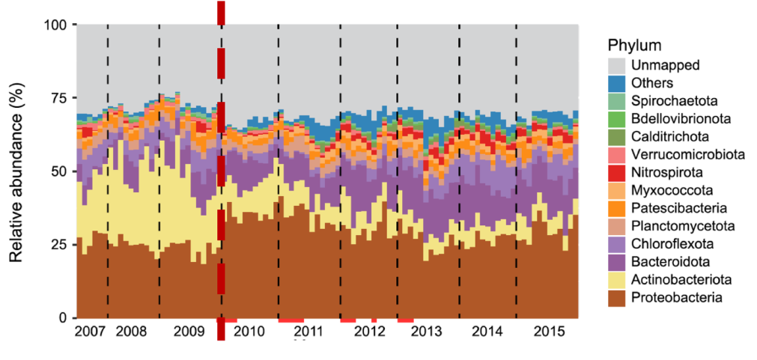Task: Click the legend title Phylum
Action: pos(634,44)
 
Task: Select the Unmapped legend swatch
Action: pos(617,65)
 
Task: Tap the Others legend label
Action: pos(652,83)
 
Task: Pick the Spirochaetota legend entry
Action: pos(674,101)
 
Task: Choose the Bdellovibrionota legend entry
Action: pos(680,119)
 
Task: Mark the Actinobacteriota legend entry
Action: pos(681,280)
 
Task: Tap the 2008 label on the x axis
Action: pos(132,330)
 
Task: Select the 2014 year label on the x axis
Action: pos(487,330)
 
